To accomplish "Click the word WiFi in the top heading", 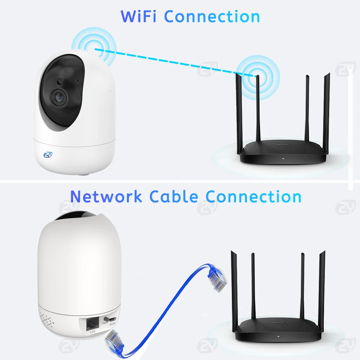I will coord(139,17).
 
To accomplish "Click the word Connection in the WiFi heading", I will coord(212,17).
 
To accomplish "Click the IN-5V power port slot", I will coord(112,319).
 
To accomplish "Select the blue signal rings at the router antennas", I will coord(258,76).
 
